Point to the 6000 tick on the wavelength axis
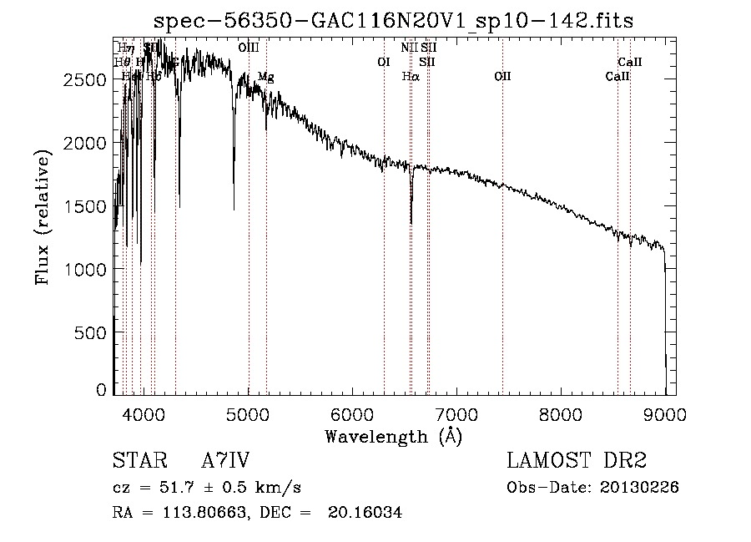point(352,413)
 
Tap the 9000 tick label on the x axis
point(665,413)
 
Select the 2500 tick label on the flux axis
point(87,80)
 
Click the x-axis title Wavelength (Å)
point(393,436)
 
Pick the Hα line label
point(410,76)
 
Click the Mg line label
point(265,76)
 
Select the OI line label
point(384,62)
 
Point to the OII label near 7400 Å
point(502,76)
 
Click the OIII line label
point(248,48)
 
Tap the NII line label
point(409,48)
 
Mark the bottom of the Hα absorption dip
point(411,222)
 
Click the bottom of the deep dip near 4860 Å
point(234,209)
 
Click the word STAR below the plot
point(134,462)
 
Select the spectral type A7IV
point(225,462)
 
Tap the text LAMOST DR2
point(577,462)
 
